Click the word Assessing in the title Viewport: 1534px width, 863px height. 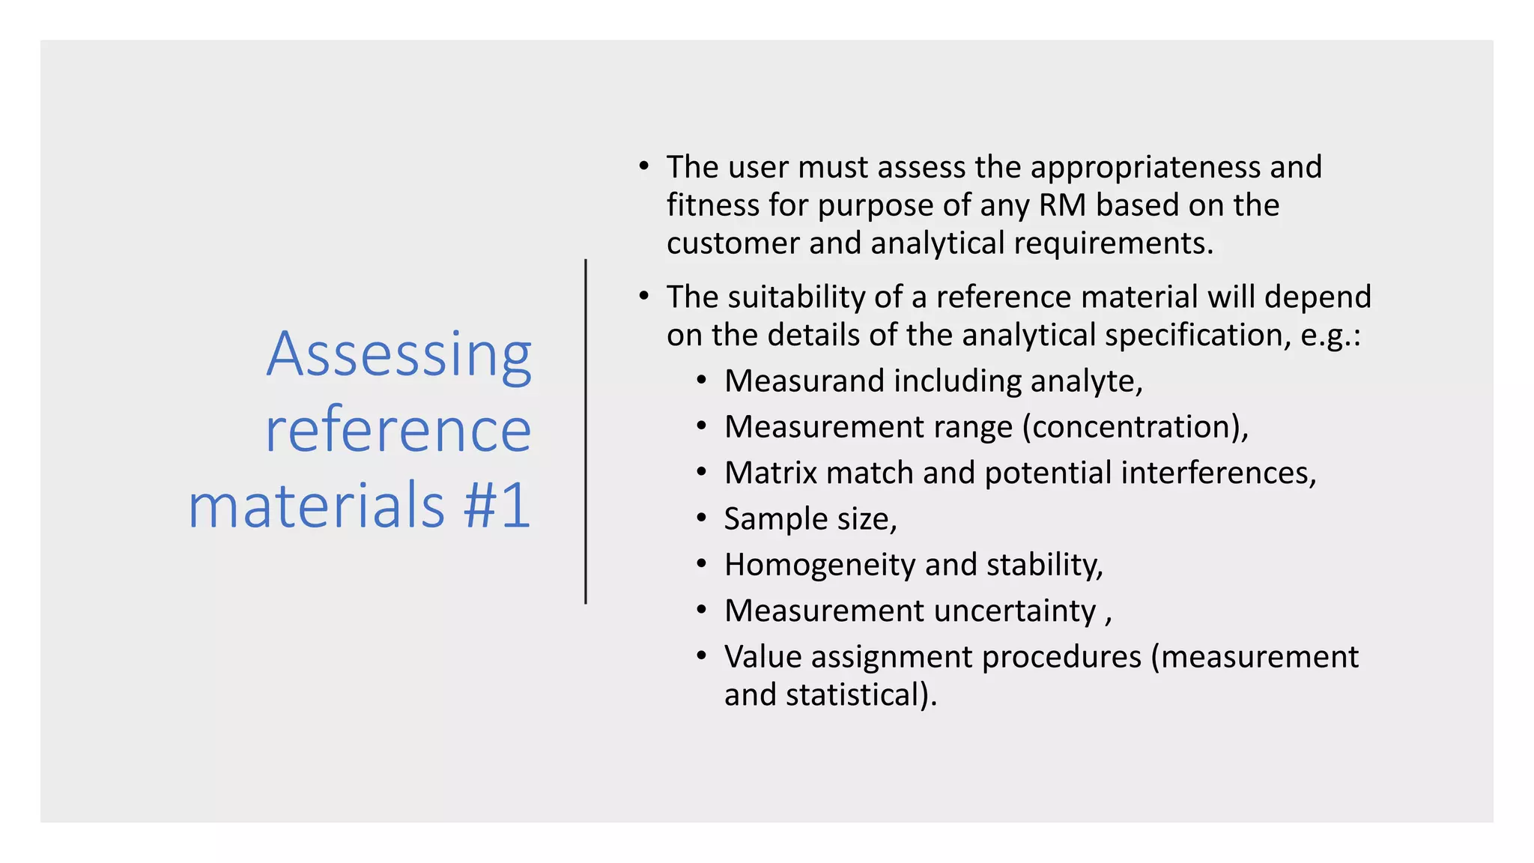[x=399, y=355]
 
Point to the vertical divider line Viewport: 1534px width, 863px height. [x=586, y=431]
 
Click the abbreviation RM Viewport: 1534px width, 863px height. [x=1062, y=205]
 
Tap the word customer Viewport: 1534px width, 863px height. [x=733, y=243]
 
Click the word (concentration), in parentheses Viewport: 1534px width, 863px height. [x=1136, y=427]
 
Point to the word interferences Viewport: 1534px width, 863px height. [x=1218, y=473]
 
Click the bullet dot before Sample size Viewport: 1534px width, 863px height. [x=701, y=518]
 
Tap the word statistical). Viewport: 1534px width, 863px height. [x=861, y=695]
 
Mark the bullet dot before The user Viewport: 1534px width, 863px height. [x=643, y=166]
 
